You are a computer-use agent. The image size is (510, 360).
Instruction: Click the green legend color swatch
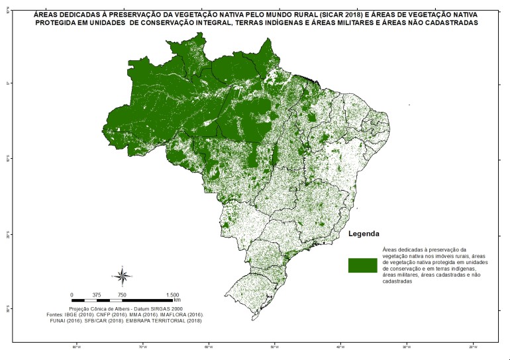click(x=362, y=265)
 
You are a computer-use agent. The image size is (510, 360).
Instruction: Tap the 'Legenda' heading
click(x=364, y=234)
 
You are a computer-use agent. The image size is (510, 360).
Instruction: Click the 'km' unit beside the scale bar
click(x=177, y=300)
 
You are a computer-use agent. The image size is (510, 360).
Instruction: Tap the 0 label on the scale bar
click(x=72, y=295)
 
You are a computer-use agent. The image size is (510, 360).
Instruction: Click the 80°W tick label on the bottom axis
click(x=76, y=346)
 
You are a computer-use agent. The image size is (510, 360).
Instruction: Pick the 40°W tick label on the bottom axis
click(x=340, y=346)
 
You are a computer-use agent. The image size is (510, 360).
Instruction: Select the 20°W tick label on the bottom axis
click(x=472, y=346)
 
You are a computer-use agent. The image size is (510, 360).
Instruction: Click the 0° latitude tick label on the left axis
click(x=7, y=83)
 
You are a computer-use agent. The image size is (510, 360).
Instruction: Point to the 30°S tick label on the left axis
click(x=7, y=308)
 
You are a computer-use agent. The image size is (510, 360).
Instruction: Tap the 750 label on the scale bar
click(x=122, y=295)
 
